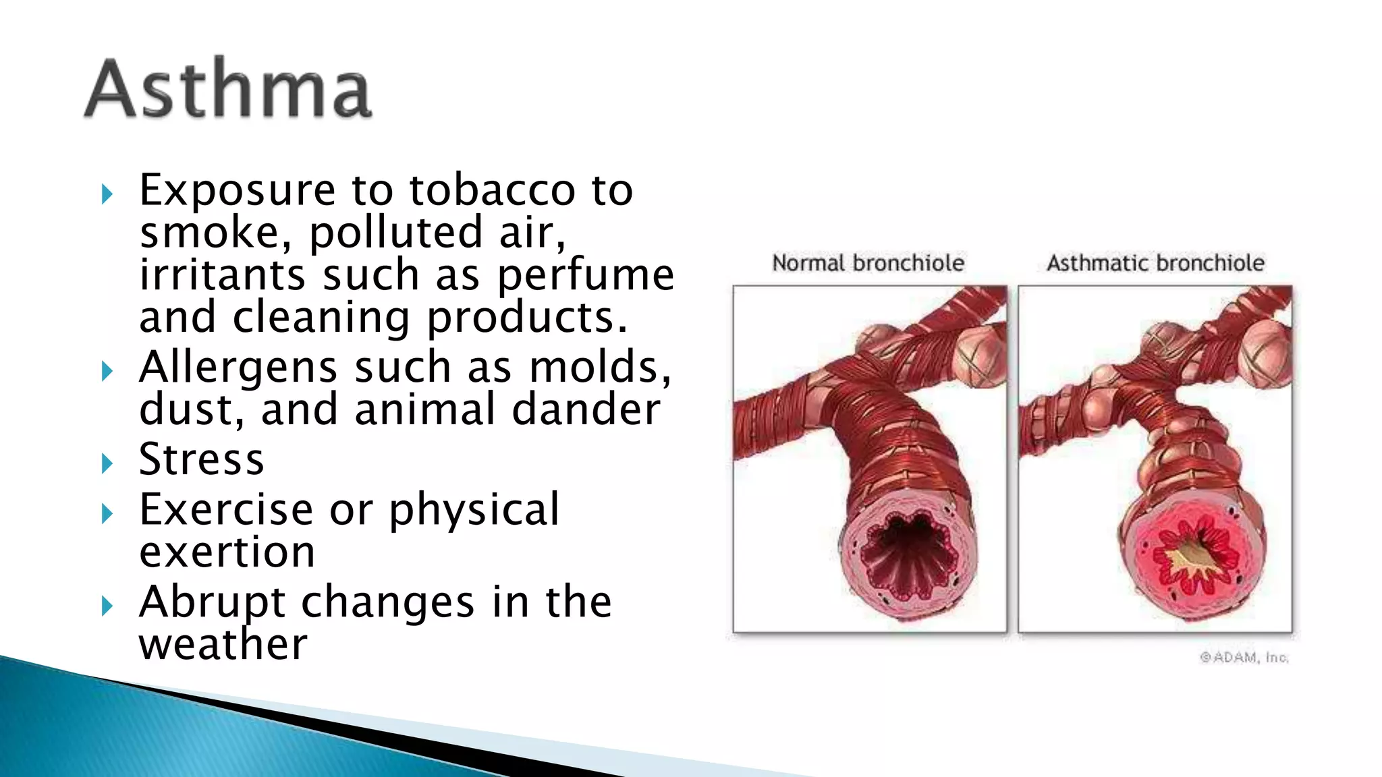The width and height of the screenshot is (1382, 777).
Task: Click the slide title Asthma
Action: [228, 89]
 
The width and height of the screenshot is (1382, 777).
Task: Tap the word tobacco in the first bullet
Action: [492, 190]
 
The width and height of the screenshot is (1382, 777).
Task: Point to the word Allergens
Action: [238, 368]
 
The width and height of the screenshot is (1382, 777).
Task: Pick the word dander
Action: [586, 409]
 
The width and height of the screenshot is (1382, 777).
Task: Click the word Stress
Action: [201, 459]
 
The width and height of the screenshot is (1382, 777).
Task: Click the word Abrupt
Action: [213, 602]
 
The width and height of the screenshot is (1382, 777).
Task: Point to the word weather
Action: [223, 644]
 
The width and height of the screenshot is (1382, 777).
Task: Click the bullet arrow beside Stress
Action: [107, 463]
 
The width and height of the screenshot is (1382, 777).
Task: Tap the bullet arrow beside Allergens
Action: [107, 371]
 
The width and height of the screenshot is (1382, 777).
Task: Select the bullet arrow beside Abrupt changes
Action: [107, 606]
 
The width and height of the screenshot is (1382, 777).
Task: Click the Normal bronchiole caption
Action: [868, 263]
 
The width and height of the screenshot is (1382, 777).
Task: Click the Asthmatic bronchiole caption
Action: [1155, 263]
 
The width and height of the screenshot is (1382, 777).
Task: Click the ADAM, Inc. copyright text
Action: [1244, 657]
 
